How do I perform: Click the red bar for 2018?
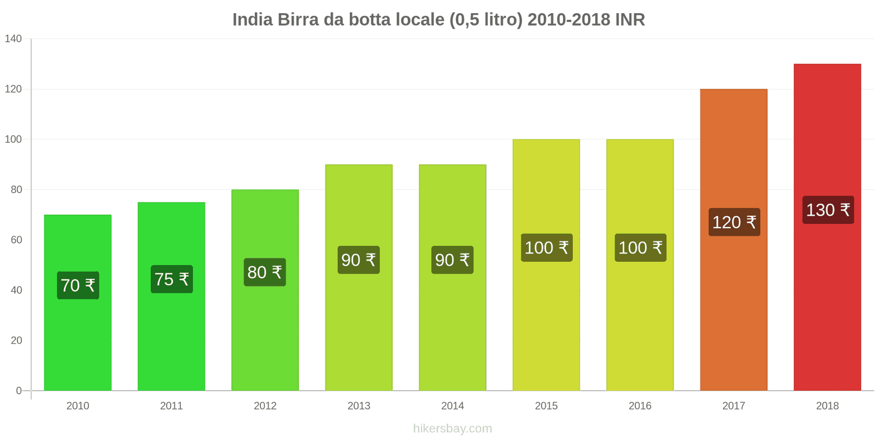[x=827, y=302]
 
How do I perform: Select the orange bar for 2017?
[x=733, y=307]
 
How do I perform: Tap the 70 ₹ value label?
[x=78, y=285]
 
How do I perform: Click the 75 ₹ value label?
[x=172, y=279]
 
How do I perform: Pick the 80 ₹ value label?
[x=265, y=272]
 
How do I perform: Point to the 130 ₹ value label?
[x=828, y=210]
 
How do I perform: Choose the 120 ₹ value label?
[x=734, y=222]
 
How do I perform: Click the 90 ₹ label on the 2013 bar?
[x=358, y=260]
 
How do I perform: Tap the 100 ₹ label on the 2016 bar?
[x=640, y=247]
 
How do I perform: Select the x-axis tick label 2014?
[x=452, y=406]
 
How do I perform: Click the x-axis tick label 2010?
[x=77, y=406]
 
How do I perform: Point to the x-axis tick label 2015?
[x=546, y=406]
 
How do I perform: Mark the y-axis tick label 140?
[x=13, y=38]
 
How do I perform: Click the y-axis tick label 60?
[x=16, y=240]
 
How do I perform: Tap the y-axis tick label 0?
[x=19, y=391]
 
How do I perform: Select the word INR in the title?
[x=630, y=20]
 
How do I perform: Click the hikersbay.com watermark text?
[x=452, y=429]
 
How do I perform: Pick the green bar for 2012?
[x=265, y=329]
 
